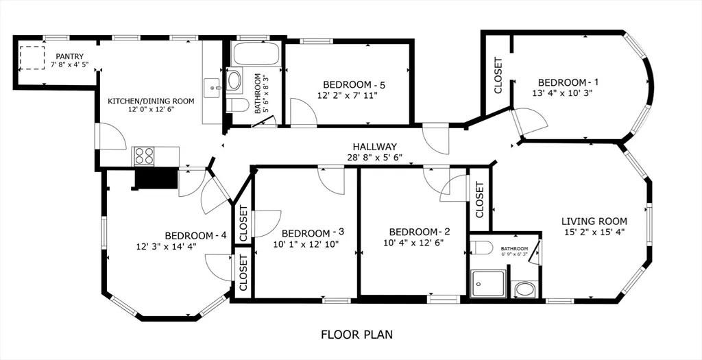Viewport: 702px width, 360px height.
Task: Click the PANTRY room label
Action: (70, 56)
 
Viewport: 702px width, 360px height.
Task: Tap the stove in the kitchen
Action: (144, 156)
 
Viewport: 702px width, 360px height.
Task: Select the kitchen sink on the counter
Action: (211, 87)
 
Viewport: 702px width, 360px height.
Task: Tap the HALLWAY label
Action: (374, 147)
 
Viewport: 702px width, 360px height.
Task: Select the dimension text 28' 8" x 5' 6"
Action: (374, 158)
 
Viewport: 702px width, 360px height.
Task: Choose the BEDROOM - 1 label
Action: (564, 80)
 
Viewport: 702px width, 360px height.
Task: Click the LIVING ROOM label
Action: (594, 221)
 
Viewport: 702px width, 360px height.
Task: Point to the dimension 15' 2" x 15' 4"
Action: (594, 232)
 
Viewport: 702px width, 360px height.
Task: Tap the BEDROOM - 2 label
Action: (419, 231)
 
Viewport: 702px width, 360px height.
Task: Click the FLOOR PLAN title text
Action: (356, 335)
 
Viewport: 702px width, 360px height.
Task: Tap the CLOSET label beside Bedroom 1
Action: (498, 75)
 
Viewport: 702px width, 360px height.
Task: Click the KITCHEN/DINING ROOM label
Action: (151, 101)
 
